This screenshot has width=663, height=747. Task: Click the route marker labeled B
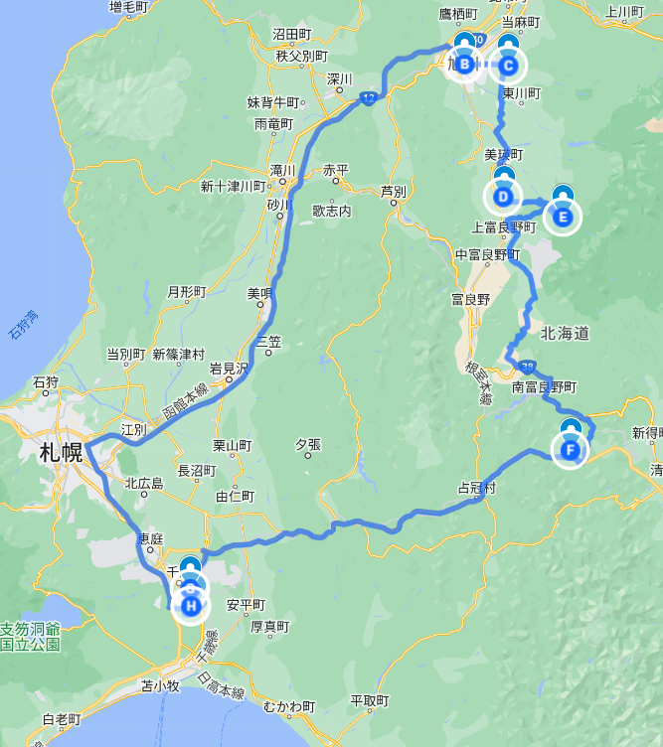tap(465, 66)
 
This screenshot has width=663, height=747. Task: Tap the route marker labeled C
tap(508, 67)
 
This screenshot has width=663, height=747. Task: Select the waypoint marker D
tap(504, 197)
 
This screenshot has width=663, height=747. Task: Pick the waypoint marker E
tap(563, 215)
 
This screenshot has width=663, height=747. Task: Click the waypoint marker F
tap(571, 450)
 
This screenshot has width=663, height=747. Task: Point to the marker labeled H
tap(191, 604)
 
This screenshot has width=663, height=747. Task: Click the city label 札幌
tap(61, 454)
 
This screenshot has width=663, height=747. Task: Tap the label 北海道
tap(566, 334)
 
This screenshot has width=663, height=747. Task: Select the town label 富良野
tap(470, 298)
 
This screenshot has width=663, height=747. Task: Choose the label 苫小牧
tap(159, 685)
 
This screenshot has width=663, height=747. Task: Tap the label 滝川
tap(282, 170)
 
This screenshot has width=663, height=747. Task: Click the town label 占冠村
tap(476, 489)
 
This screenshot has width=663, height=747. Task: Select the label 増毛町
tap(128, 8)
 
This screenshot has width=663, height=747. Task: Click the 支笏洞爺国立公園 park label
tap(30, 637)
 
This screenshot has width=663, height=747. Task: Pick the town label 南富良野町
tap(544, 387)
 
